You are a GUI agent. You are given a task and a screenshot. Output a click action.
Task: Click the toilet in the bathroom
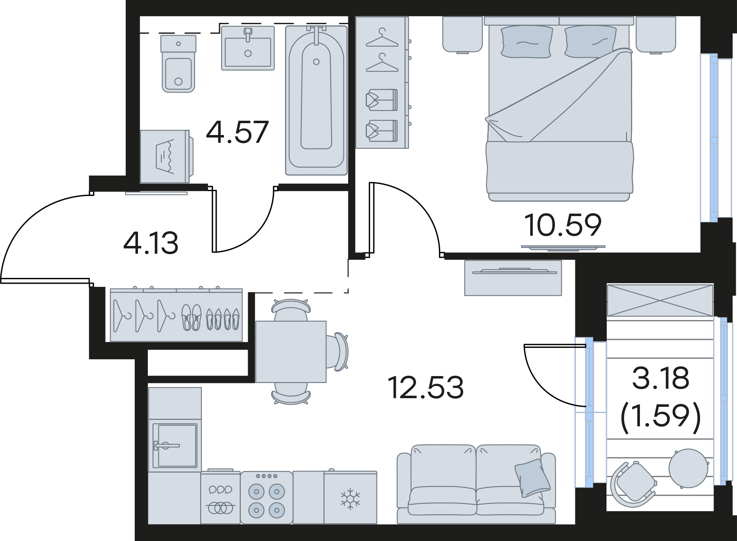(178, 63)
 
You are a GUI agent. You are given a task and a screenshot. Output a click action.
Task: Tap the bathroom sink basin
(248, 48)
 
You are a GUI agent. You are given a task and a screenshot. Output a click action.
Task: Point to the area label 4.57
(237, 132)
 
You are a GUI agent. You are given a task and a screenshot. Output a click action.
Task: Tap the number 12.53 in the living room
(425, 387)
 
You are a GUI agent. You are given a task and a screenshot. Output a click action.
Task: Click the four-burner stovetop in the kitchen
(267, 498)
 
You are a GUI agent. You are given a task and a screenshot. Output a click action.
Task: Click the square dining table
(291, 352)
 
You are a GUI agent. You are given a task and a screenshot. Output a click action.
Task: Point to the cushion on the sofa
(532, 478)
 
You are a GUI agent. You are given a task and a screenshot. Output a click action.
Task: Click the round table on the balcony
(689, 468)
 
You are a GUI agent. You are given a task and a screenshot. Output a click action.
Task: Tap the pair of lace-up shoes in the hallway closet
(192, 317)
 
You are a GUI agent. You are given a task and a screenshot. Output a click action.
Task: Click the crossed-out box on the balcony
(660, 300)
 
